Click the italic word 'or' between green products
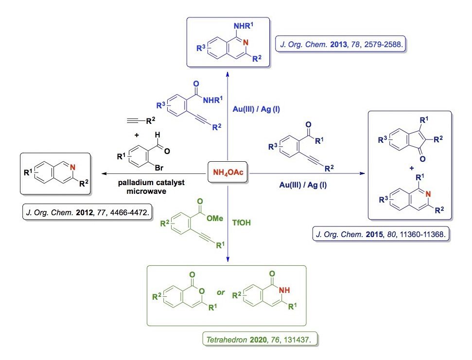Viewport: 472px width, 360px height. point(221,292)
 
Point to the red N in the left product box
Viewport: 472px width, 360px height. point(72,168)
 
